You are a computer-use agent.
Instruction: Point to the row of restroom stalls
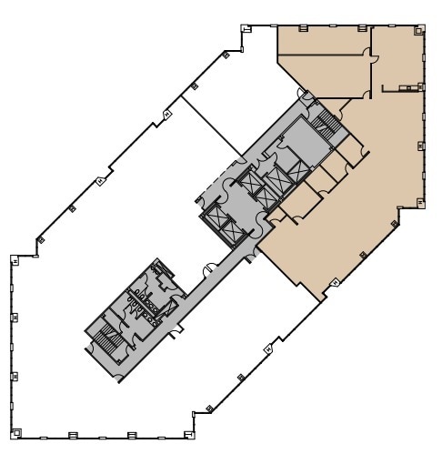pyautogui.click(x=142, y=296)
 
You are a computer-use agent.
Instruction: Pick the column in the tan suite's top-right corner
pyautogui.click(x=420, y=30)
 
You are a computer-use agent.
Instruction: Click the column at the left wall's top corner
pyautogui.click(x=15, y=260)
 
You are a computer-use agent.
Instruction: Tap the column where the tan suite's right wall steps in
pyautogui.click(x=397, y=212)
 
